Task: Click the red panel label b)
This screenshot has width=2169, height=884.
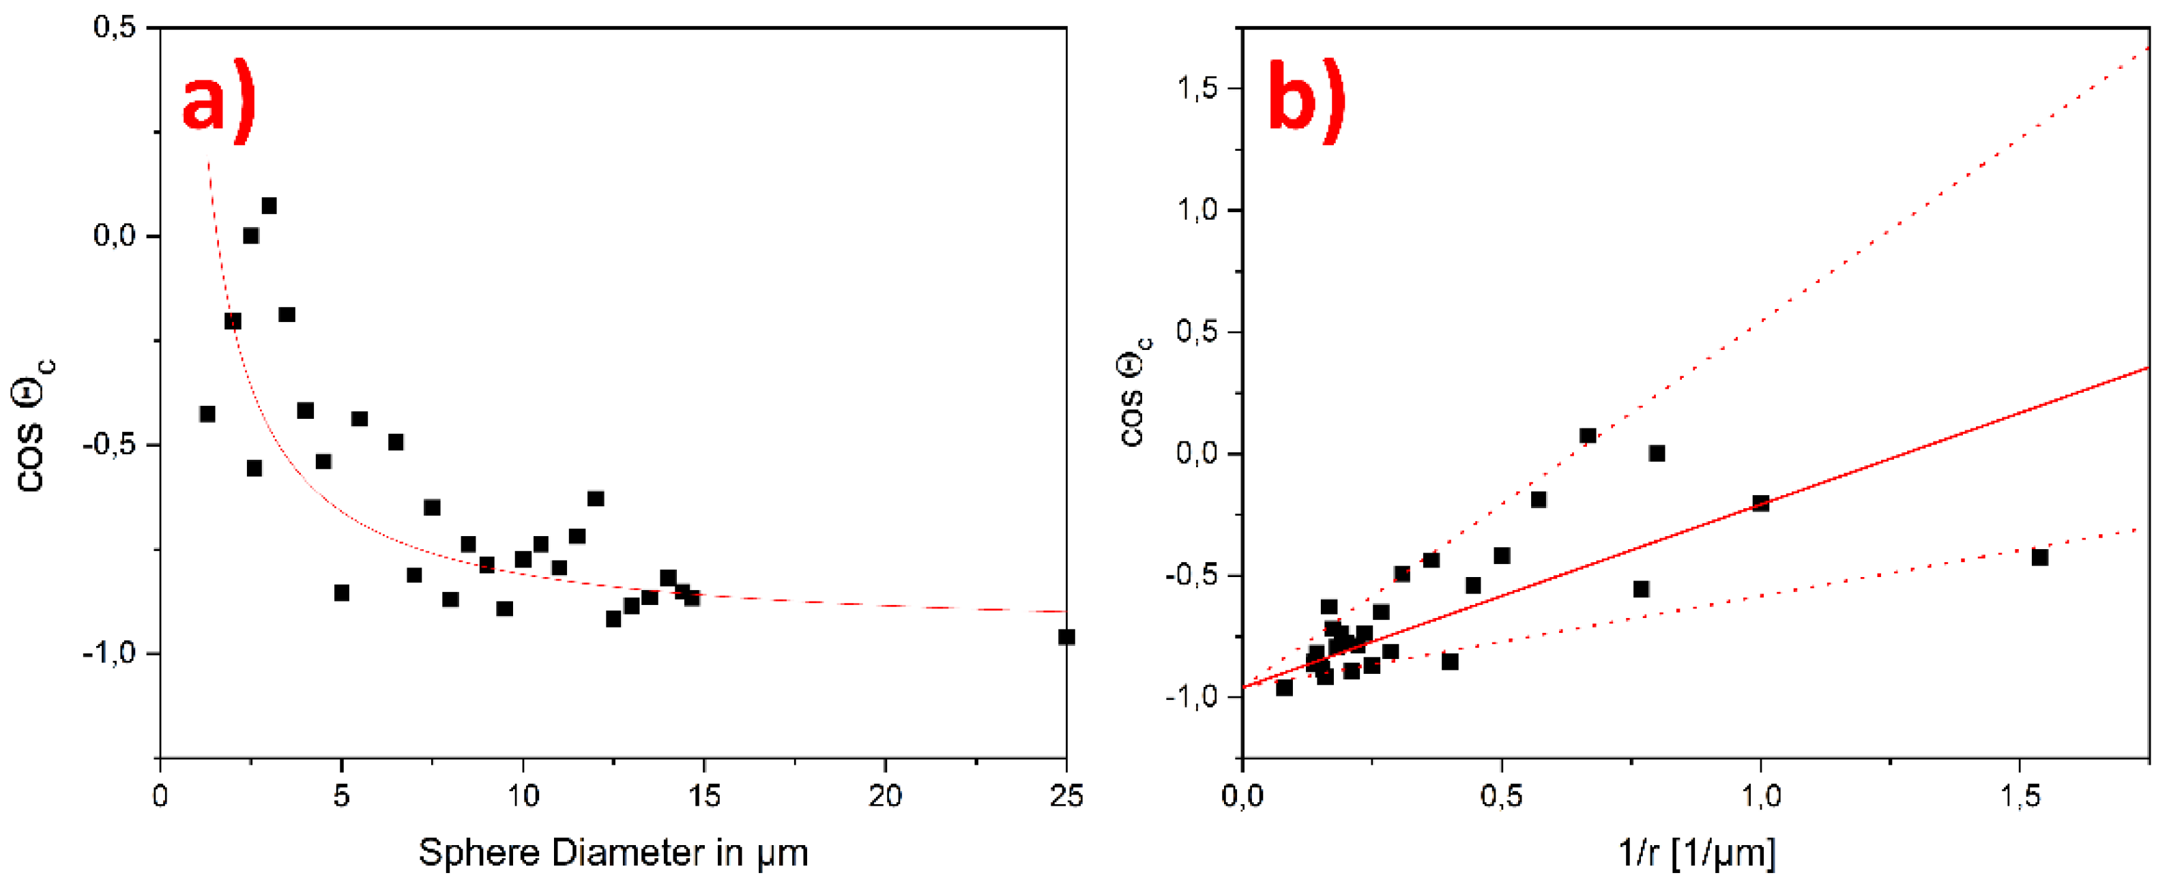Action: coord(1306,101)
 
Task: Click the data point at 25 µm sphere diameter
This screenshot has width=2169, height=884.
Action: coord(1066,637)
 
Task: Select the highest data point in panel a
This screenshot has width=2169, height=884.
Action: coord(269,206)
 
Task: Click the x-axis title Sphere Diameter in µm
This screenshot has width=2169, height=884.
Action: coord(613,853)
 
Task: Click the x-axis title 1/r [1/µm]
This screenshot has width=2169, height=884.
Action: coord(1697,853)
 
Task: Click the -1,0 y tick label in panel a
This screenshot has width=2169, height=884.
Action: coord(108,653)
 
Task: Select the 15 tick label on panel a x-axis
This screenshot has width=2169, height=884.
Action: coord(704,795)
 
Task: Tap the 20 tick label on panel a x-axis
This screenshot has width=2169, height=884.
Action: coord(885,795)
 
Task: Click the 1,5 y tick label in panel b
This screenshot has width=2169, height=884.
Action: coord(1197,89)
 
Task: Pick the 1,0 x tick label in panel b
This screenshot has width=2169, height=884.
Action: coord(1760,795)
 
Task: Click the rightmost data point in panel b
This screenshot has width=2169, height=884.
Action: coord(2039,557)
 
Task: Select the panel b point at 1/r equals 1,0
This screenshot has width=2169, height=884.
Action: coord(1760,503)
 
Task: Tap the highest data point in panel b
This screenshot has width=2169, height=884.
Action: coord(1588,436)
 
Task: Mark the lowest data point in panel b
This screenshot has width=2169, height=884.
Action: coord(1284,688)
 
